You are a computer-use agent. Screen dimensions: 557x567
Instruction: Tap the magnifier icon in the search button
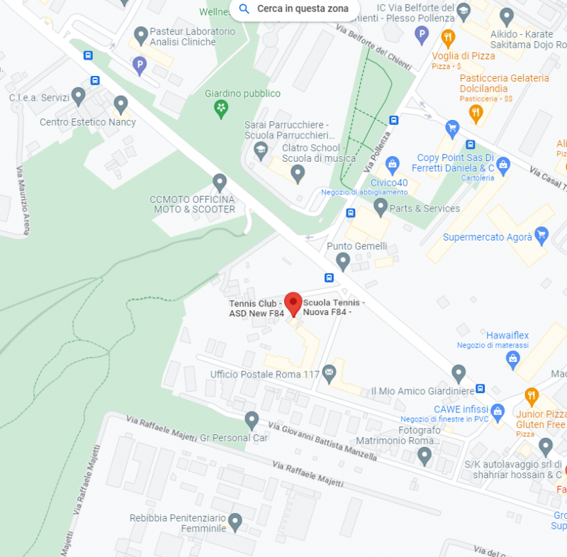pos(245,9)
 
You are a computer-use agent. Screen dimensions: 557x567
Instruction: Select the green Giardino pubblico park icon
pos(221,108)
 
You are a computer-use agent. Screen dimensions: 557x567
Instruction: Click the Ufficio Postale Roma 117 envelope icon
pos(329,372)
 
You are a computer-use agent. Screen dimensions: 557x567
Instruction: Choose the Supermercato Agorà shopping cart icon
pos(541,235)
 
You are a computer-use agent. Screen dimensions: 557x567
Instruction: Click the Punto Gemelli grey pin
pos(343,261)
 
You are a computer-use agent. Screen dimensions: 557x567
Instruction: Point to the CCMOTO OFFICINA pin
pos(220,182)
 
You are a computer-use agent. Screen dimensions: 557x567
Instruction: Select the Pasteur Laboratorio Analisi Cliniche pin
pos(140,33)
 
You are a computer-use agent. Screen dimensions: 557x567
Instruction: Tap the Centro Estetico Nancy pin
pos(120,104)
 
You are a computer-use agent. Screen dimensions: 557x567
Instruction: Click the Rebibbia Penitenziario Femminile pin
pos(235,522)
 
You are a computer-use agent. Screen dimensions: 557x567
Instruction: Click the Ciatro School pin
pos(298,172)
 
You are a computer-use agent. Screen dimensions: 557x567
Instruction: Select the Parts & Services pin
pos(381,206)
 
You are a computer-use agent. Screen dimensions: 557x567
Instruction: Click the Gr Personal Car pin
pos(252,420)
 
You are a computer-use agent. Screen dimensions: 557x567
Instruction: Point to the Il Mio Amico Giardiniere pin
pos(459,373)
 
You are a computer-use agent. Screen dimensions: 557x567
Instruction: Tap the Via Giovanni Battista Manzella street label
pos(322,441)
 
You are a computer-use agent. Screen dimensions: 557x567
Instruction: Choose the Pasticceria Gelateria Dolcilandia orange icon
pos(476,111)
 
